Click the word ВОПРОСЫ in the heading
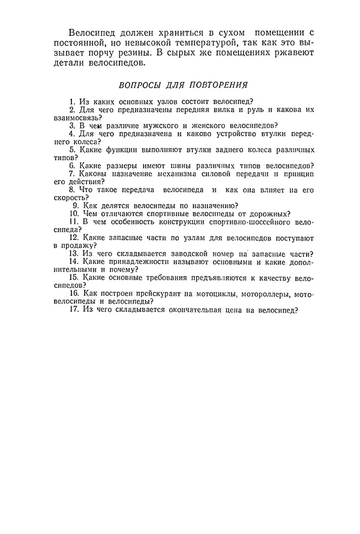tap(142, 85)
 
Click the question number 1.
tap(71, 102)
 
